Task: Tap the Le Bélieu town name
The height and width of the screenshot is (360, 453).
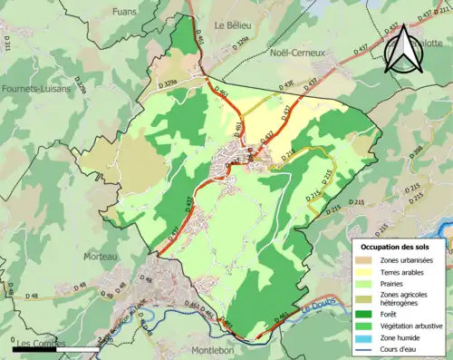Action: pos(232,27)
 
